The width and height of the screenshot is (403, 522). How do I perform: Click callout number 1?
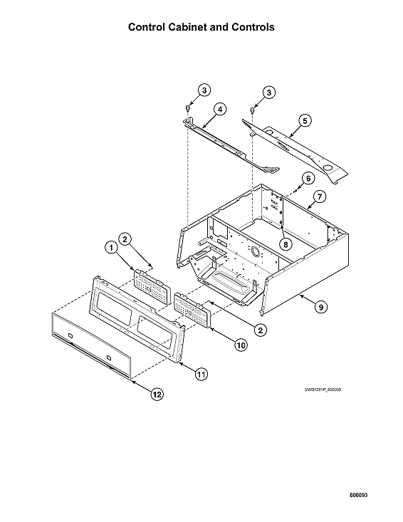pos(110,247)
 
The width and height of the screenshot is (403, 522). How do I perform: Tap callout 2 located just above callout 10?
pos(261,330)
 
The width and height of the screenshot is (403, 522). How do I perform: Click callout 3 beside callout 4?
pos(204,90)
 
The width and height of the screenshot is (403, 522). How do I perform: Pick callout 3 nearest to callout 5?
pos(269,92)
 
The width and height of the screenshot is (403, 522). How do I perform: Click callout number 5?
pos(304,120)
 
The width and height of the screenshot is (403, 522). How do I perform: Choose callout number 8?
pos(285,243)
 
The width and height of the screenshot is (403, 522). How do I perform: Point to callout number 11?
pos(201,372)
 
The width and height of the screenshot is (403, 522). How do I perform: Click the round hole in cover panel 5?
pos(329,168)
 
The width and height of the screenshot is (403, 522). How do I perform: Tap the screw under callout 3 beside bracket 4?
pos(187,108)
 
